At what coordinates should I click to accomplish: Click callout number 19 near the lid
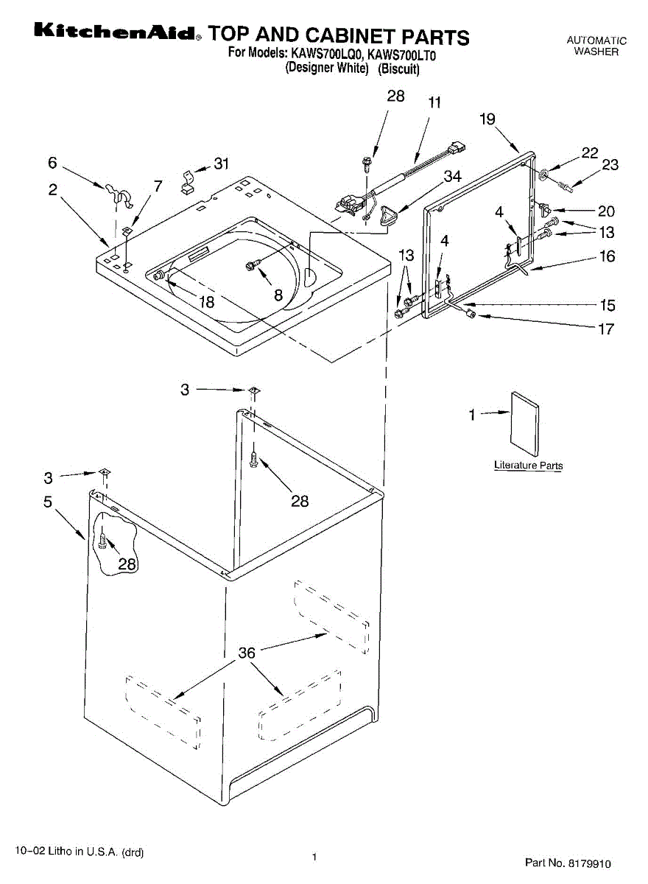click(x=487, y=119)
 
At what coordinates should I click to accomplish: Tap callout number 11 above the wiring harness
click(x=435, y=103)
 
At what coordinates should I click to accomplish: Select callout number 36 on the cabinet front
click(x=247, y=653)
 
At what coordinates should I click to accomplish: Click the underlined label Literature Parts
click(x=528, y=466)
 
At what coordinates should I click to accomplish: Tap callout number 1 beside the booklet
click(x=473, y=415)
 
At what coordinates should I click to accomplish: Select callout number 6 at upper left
click(x=52, y=162)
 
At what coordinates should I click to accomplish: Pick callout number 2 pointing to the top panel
click(x=53, y=190)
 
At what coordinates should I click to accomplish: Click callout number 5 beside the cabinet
click(x=48, y=502)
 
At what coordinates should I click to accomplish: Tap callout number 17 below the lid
click(x=605, y=329)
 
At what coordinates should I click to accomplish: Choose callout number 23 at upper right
click(x=610, y=165)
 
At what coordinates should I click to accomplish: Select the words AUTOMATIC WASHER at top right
click(x=596, y=46)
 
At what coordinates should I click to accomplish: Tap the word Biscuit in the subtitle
click(x=399, y=69)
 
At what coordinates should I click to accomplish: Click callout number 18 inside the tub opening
click(x=206, y=301)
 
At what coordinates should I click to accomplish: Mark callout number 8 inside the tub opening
click(x=278, y=295)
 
